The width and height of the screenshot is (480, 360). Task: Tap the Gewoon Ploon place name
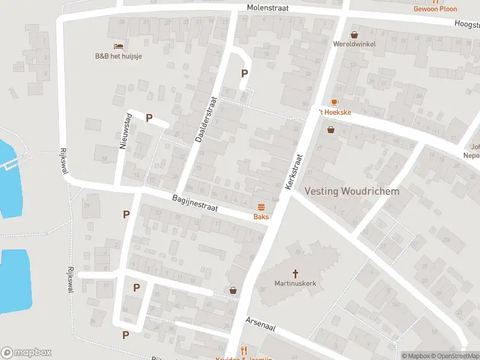435,9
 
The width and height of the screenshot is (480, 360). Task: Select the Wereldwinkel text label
354,44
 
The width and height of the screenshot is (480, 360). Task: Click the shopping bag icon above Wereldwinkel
354,34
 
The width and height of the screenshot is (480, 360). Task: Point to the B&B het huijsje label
118,56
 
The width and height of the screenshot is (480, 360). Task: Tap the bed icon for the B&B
118,46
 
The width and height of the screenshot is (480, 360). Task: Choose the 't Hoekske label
334,112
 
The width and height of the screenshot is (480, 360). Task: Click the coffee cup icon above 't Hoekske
334,103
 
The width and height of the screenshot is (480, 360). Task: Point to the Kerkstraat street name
295,172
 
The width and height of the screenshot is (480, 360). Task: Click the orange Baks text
261,217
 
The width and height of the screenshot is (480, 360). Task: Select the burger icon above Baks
261,207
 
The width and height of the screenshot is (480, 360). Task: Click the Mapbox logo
26,353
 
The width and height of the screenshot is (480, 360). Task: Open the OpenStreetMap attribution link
455,356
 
